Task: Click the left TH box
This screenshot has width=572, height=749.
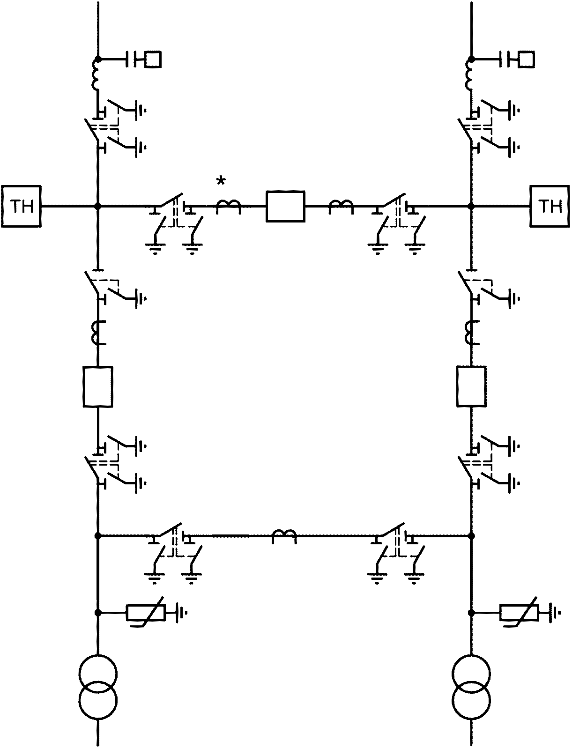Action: [21, 206]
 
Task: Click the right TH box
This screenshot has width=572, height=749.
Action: [550, 206]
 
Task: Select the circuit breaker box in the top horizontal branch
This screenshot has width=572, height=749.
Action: [285, 207]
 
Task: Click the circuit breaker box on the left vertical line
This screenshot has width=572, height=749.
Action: [98, 386]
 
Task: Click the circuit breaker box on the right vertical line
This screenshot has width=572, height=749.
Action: [471, 386]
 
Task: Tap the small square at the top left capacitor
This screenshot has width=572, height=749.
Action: [154, 59]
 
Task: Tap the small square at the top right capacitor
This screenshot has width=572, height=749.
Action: [527, 59]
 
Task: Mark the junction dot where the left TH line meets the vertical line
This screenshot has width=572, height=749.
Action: [98, 207]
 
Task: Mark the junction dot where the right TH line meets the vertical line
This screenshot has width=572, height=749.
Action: [471, 207]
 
